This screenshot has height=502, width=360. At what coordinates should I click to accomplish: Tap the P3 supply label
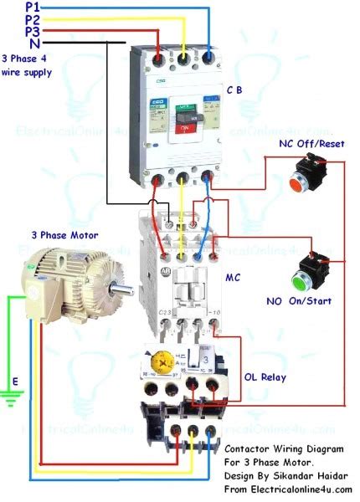coord(33,30)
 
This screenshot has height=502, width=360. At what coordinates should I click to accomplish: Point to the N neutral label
coord(33,43)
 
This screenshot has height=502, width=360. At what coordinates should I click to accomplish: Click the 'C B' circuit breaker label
coord(237,90)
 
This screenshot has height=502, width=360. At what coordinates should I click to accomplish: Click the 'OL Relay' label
coord(265,377)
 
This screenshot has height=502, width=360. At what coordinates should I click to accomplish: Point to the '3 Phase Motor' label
coord(64,237)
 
